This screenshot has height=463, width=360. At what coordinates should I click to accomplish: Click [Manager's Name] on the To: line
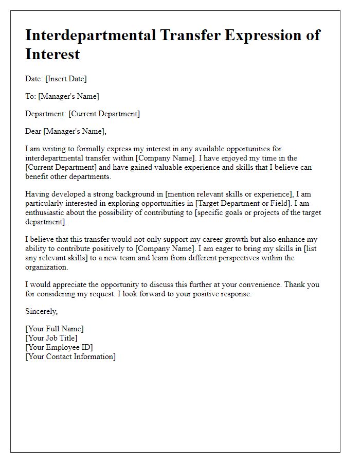point(68,96)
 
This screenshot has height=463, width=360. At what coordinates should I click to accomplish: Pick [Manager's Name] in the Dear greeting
point(76,131)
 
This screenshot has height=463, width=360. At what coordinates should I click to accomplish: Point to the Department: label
point(46,114)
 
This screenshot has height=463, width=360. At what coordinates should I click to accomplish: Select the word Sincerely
point(42,311)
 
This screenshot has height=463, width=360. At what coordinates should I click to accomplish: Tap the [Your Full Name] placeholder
point(55,329)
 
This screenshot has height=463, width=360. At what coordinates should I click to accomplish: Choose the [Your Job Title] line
point(51,338)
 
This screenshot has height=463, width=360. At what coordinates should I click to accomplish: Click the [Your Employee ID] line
point(59,347)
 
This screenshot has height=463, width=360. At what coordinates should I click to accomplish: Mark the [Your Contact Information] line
point(70,357)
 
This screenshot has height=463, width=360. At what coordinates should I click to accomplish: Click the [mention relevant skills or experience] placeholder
point(235,194)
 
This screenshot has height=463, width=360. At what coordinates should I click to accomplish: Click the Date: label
point(34,79)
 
